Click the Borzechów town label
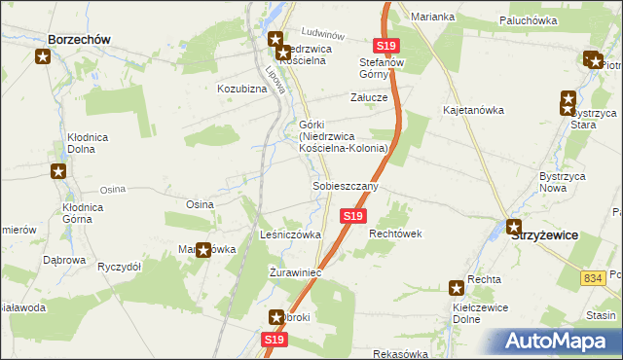[x=77, y=39]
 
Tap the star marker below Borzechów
[x=43, y=56]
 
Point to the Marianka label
[x=433, y=17]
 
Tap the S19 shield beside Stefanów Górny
[x=385, y=46]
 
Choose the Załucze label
[x=370, y=97]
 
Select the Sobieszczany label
[x=345, y=185]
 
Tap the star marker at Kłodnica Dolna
[x=58, y=172]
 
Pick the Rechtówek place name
[x=393, y=234]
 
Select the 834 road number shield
[x=594, y=278]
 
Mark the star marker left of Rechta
[x=457, y=287]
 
